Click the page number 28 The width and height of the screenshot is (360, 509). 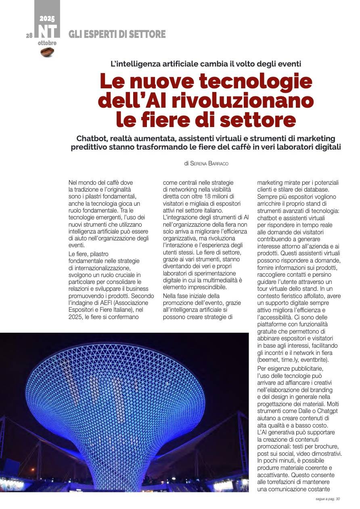(x=29, y=35)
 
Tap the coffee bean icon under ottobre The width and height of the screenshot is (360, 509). (x=48, y=52)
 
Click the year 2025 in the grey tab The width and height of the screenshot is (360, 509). (x=47, y=19)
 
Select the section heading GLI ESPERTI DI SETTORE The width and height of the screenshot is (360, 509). (x=117, y=35)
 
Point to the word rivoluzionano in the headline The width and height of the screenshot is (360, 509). (x=243, y=100)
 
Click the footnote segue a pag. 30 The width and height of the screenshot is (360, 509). (x=327, y=499)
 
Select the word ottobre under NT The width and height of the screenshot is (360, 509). (x=47, y=43)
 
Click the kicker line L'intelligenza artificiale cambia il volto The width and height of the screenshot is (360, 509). (x=206, y=64)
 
